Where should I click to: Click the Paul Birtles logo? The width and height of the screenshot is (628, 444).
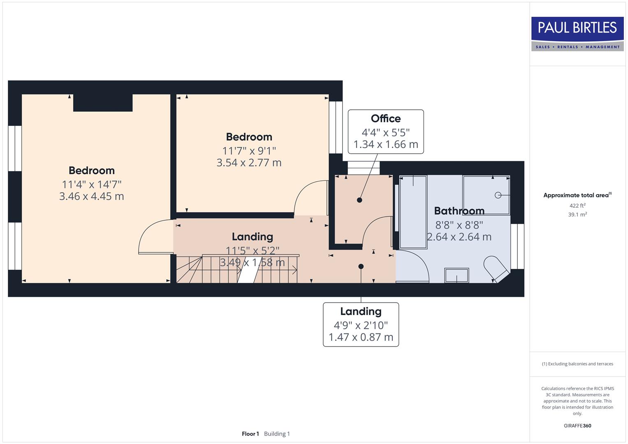click(x=577, y=34)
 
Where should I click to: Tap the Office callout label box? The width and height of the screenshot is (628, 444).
click(x=385, y=132)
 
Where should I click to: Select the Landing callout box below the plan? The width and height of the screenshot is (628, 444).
click(x=361, y=324)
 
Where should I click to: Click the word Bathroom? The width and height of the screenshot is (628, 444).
click(x=459, y=211)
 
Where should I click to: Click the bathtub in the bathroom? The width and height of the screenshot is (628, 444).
click(x=413, y=212)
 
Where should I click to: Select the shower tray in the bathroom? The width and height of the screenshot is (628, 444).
click(x=486, y=194)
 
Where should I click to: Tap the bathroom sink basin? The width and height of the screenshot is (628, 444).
click(x=457, y=275)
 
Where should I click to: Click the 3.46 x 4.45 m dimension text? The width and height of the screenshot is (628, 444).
click(x=91, y=197)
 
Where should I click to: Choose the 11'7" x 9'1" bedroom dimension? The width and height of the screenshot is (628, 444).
click(x=249, y=151)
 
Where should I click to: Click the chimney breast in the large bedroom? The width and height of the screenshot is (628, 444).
click(x=103, y=103)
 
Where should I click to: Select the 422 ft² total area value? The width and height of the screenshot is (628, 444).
click(x=577, y=206)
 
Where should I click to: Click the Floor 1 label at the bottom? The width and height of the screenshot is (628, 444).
click(x=250, y=434)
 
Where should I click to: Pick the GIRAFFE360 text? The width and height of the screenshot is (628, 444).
click(x=577, y=425)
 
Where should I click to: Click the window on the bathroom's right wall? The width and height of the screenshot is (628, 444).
click(x=517, y=246)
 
